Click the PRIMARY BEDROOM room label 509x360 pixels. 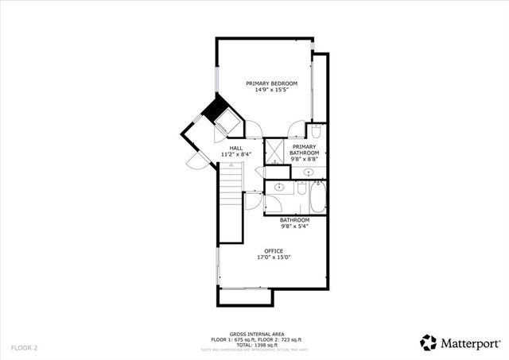(x=271, y=83)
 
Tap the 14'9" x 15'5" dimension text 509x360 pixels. (x=271, y=91)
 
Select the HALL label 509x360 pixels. (x=236, y=148)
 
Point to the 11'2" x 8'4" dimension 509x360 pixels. (x=236, y=154)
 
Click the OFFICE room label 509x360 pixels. (x=274, y=251)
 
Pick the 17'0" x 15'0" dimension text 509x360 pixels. (x=274, y=257)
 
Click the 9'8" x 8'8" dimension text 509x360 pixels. (x=305, y=159)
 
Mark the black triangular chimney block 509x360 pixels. (x=213, y=110)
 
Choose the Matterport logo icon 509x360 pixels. (x=429, y=343)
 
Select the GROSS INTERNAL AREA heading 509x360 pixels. (x=254, y=334)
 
